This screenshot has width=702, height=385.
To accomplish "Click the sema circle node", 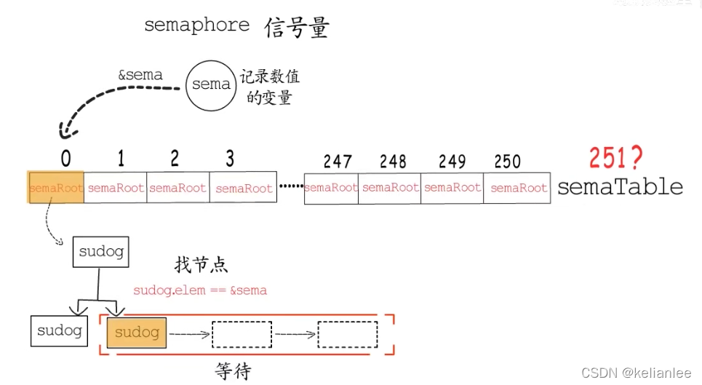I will click(x=211, y=84).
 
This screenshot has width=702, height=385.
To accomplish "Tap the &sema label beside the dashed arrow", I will click(x=140, y=74).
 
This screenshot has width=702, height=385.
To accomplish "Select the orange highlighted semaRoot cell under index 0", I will click(x=56, y=188).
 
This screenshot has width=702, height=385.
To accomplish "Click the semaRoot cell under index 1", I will click(x=116, y=188).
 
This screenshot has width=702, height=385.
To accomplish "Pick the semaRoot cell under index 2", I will click(x=178, y=188).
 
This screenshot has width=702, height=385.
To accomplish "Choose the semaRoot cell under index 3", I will click(x=244, y=188).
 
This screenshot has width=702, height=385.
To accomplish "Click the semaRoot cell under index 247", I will click(x=331, y=188).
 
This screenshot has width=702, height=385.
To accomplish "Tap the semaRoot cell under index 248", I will click(x=391, y=188).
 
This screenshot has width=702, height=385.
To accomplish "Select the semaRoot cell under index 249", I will click(x=452, y=188).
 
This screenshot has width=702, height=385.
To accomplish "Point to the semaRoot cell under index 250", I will click(x=519, y=188).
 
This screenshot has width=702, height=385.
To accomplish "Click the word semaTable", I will click(x=620, y=187).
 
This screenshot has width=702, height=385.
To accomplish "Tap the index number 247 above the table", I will click(x=338, y=162).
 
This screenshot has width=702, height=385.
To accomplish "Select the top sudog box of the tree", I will click(x=101, y=253).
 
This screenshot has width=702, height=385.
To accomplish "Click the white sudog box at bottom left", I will click(x=59, y=330).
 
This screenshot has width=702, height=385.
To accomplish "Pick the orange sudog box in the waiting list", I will click(x=137, y=333).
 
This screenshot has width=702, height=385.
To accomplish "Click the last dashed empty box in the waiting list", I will click(x=348, y=334).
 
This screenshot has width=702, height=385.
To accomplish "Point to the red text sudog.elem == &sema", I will click(x=200, y=290).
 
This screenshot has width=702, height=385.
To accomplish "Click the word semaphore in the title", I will click(x=196, y=25).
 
